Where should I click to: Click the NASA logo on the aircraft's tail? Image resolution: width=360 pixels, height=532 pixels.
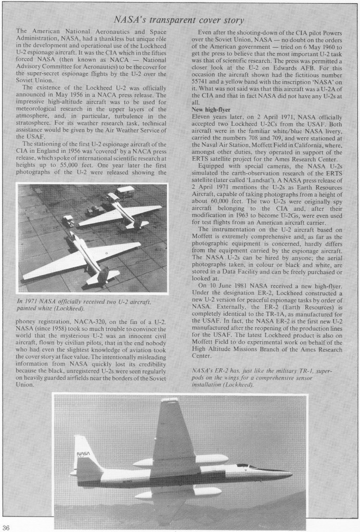pyautogui.click(x=83, y=454)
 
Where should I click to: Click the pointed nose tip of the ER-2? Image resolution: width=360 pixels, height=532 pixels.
pyautogui.click(x=291, y=474)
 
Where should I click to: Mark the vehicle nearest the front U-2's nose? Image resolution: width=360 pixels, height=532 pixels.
pyautogui.click(x=68, y=220)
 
